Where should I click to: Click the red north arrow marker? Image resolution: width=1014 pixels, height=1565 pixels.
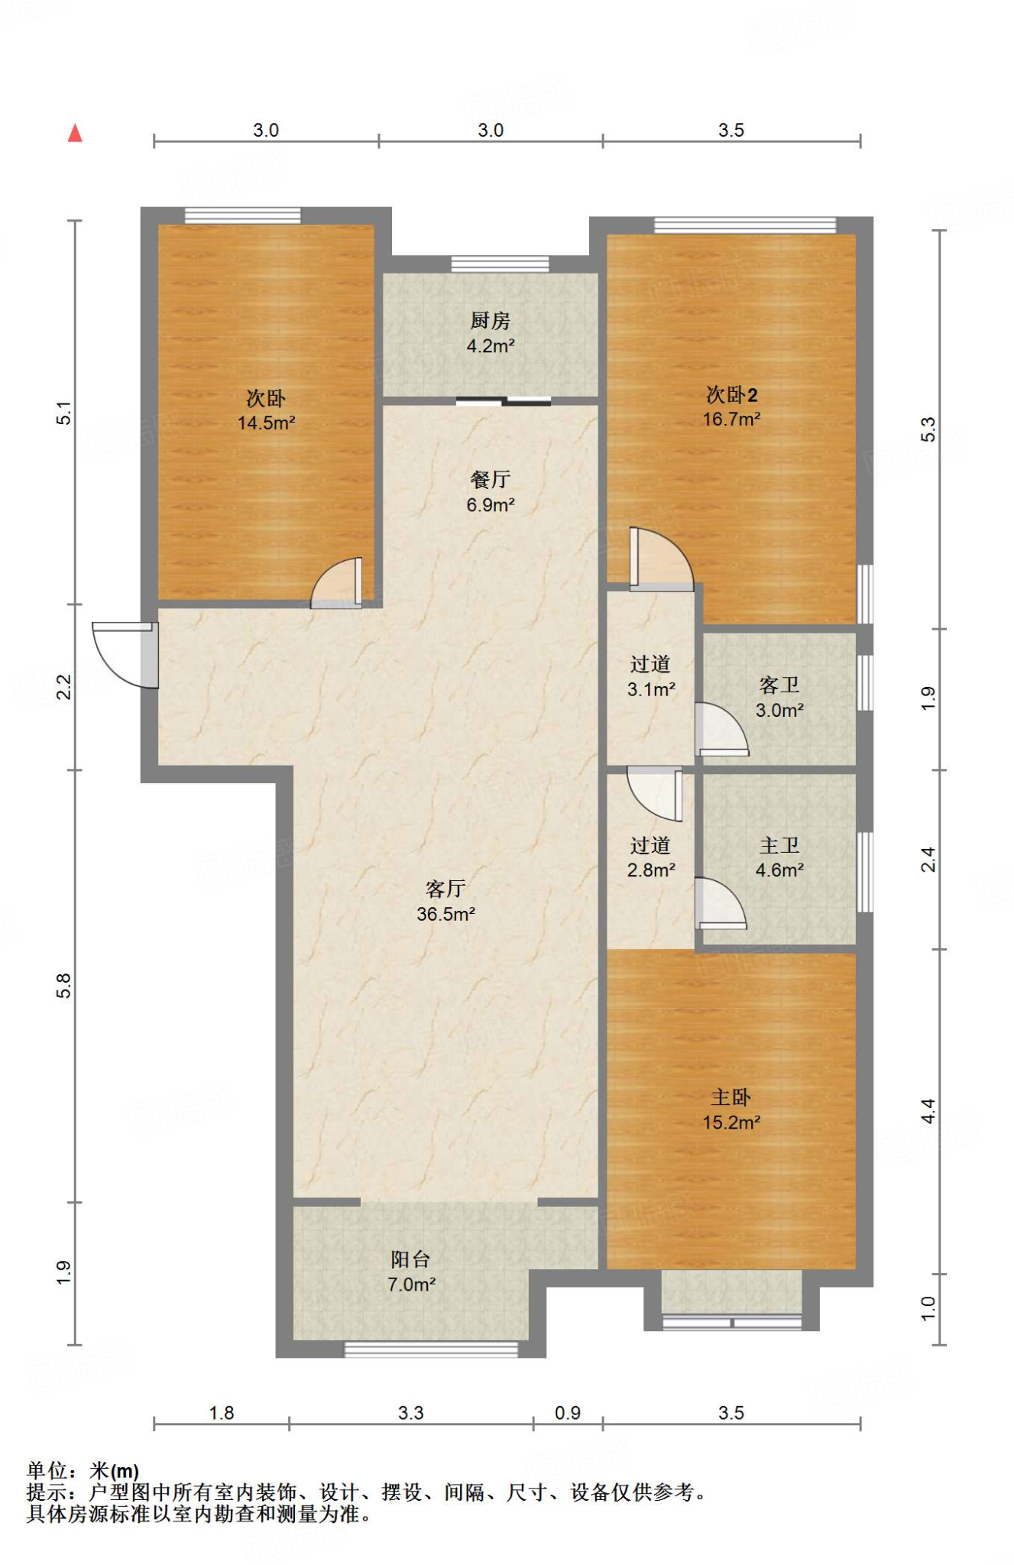click(75, 133)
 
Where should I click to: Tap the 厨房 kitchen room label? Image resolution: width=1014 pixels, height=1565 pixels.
click(490, 320)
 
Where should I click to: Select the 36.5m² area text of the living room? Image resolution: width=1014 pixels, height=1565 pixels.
click(445, 914)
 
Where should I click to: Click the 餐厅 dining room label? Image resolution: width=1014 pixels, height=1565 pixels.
click(490, 479)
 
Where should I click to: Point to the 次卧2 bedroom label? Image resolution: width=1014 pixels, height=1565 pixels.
click(731, 394)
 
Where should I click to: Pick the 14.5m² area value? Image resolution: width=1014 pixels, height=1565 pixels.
click(266, 423)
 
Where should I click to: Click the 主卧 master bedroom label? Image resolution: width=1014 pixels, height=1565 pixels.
click(731, 1097)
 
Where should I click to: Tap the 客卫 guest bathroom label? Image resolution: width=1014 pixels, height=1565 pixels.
click(779, 685)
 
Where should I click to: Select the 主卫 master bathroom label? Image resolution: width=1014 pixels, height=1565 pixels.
click(779, 845)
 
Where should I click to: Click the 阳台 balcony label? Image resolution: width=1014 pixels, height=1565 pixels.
click(411, 1259)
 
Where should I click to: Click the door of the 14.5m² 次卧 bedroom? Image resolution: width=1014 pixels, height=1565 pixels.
click(336, 583)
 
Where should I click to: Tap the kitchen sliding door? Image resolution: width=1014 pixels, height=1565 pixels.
click(504, 400)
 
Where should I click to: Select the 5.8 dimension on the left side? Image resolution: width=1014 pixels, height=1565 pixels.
click(64, 986)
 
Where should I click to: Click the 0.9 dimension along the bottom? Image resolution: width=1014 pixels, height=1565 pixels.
click(568, 1413)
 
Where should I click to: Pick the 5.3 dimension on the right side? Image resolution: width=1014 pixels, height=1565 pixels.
click(928, 429)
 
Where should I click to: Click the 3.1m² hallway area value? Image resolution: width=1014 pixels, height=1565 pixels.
click(651, 689)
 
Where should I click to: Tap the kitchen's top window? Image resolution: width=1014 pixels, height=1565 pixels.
click(500, 264)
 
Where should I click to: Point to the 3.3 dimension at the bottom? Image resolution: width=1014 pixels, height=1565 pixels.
click(410, 1413)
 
